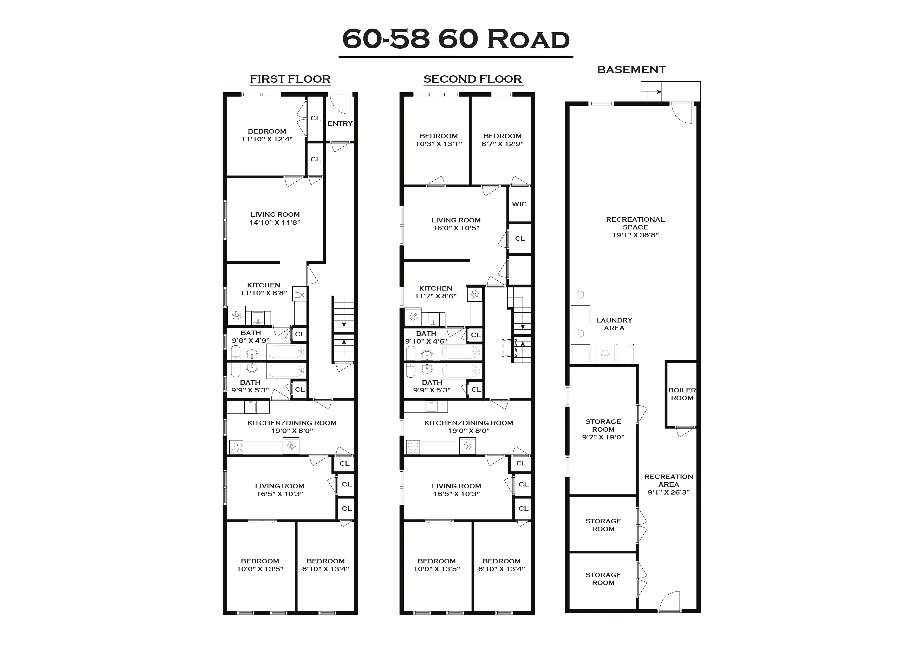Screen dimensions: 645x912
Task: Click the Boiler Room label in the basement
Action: pos(682,394)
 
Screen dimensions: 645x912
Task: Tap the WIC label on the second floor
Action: pos(519,204)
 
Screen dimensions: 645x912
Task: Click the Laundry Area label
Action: pos(614,324)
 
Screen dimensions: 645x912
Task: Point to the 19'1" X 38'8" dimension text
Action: pos(636,235)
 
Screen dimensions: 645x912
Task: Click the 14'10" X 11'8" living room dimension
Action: pos(275,223)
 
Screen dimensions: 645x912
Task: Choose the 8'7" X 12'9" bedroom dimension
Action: pos(503,144)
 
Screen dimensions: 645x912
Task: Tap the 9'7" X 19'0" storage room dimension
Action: pos(603,437)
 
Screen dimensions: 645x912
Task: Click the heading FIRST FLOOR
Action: pos(290,79)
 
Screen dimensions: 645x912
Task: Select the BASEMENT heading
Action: pos(631,70)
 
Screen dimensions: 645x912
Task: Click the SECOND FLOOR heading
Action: pos(473,79)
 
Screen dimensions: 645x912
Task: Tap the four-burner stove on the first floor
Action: pos(236,448)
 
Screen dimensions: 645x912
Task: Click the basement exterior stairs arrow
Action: pos(658,92)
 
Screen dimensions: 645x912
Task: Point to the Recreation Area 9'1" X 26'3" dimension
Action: pos(668,492)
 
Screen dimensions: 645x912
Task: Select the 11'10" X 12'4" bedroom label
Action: pos(267,139)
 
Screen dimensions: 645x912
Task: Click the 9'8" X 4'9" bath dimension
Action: pos(251,341)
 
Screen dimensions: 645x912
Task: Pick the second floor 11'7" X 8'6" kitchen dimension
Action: pos(436,296)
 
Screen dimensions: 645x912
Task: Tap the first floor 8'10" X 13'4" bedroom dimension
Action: pos(325,569)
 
